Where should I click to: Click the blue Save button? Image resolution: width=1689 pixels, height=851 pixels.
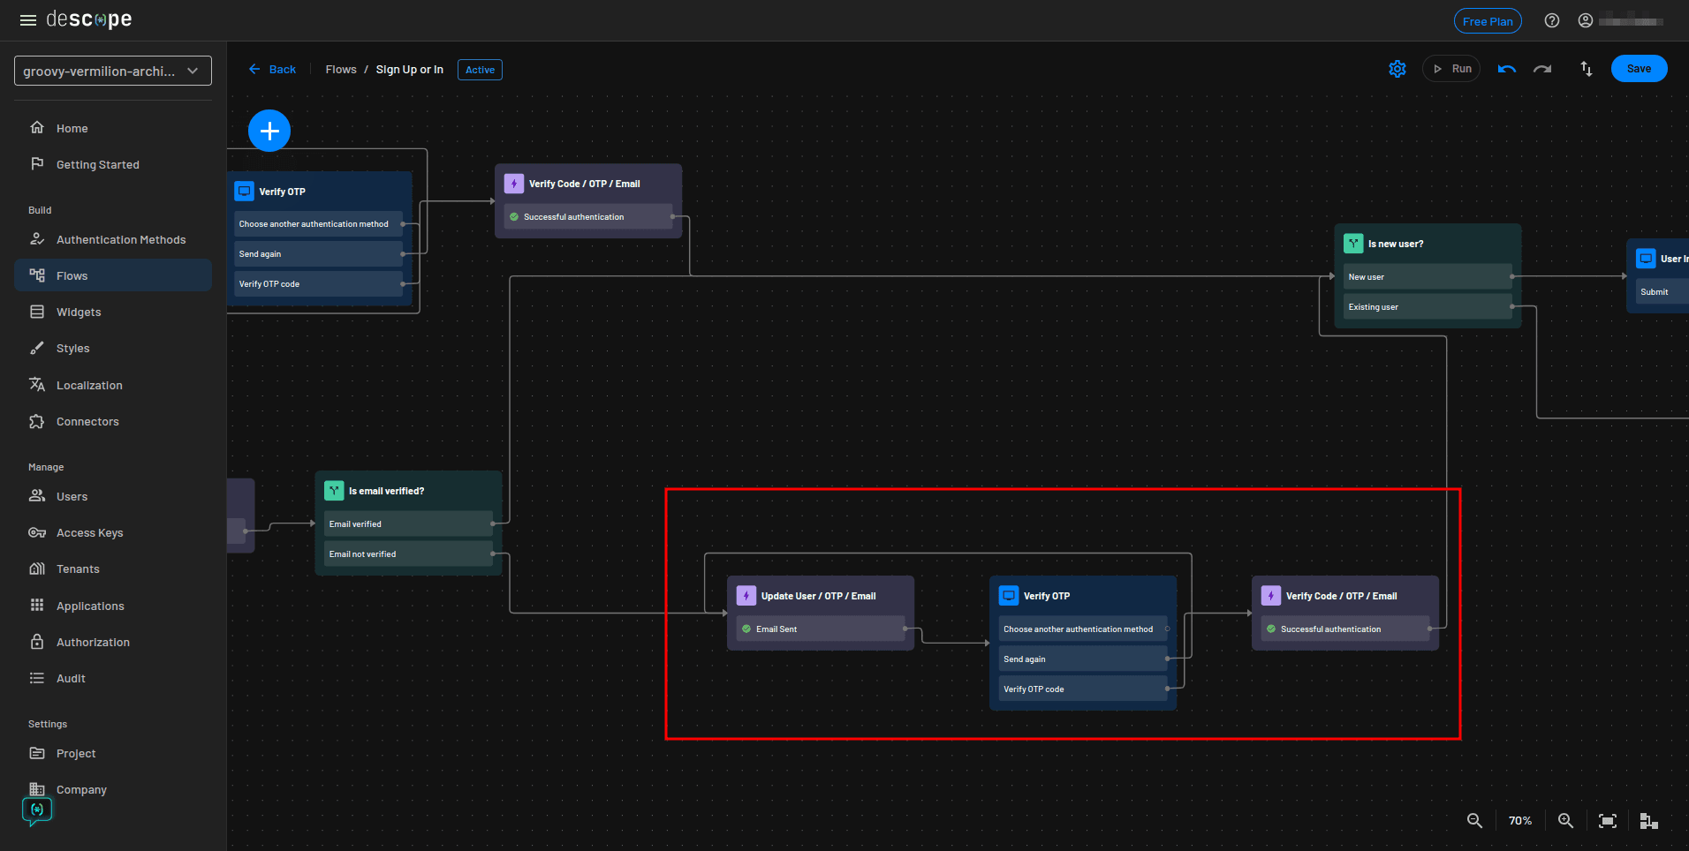(x=1638, y=69)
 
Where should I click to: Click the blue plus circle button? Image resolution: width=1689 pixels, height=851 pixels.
(x=269, y=132)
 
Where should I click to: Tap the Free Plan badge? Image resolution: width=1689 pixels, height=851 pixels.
(x=1487, y=21)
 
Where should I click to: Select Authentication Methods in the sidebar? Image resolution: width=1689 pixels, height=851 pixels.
(x=120, y=239)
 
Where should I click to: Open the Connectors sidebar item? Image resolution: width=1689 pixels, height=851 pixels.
(x=87, y=421)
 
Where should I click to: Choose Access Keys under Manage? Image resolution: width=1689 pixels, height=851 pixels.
(x=89, y=532)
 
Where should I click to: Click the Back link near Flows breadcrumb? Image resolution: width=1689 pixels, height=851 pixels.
(x=273, y=70)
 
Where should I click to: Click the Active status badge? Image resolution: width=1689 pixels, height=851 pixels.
(x=480, y=70)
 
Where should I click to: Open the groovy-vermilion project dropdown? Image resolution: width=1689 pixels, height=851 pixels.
(x=112, y=72)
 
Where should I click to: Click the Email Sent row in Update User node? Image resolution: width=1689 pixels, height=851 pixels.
(x=820, y=629)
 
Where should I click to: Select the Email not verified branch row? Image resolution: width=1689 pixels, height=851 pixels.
(x=407, y=554)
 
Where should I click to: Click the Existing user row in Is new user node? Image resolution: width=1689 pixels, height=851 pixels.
(x=1426, y=306)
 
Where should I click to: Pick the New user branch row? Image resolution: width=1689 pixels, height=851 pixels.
(x=1426, y=276)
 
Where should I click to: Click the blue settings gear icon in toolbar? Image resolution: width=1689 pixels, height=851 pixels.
(x=1397, y=69)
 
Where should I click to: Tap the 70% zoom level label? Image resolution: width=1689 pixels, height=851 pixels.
(x=1519, y=821)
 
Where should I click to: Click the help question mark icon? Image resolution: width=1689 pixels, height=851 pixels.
(x=1551, y=21)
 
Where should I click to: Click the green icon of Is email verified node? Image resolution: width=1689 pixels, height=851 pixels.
(x=334, y=491)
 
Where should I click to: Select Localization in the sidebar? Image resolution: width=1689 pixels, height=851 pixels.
(x=88, y=385)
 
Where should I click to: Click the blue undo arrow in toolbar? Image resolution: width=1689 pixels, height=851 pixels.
(x=1506, y=69)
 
